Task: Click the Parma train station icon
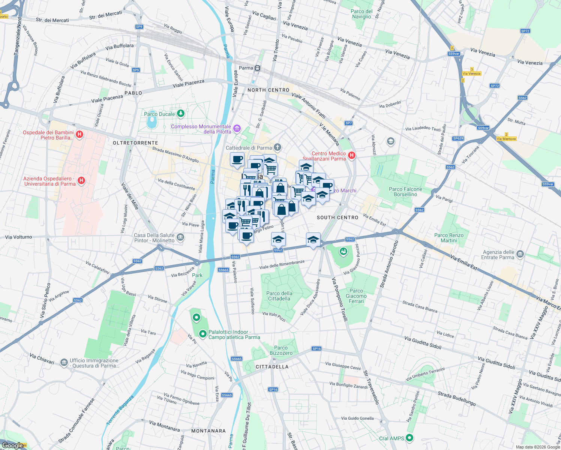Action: point(257,68)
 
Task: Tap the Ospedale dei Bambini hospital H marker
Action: point(79,135)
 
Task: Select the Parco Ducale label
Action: point(159,114)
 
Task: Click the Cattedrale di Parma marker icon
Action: point(277,147)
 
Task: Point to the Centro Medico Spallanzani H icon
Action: point(351,155)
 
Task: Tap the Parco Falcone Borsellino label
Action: point(405,192)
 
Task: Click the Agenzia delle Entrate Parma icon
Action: point(520,254)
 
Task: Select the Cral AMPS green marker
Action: point(409,438)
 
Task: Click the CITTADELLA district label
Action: point(272,367)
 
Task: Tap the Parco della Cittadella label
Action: point(279,296)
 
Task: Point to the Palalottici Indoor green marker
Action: point(203,333)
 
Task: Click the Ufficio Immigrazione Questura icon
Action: point(64,363)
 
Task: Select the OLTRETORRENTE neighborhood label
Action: point(135,143)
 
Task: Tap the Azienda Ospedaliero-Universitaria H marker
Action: point(81,181)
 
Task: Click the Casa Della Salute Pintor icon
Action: point(180,237)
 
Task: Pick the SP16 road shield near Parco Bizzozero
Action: point(316,349)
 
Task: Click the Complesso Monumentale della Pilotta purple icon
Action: point(237,129)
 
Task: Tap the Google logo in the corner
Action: point(13,445)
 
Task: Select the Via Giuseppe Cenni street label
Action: point(343,366)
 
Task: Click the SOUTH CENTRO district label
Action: point(337,217)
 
